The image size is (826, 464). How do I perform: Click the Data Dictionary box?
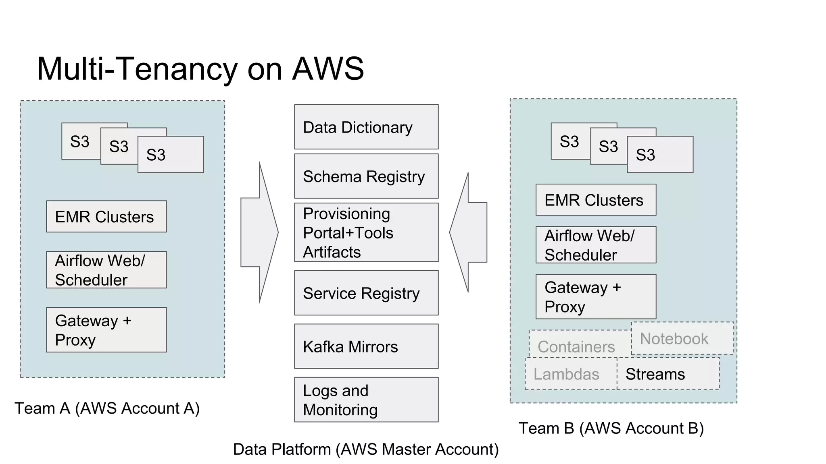point(366,127)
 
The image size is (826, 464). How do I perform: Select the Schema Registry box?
point(366,176)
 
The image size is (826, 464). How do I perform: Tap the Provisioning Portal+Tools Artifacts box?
point(366,232)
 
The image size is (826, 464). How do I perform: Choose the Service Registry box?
point(366,293)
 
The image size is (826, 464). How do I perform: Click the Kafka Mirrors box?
point(366,346)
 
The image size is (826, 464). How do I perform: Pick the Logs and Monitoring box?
point(366,400)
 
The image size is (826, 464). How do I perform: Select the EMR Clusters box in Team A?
point(106,217)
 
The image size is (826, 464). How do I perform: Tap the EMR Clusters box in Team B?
point(596,200)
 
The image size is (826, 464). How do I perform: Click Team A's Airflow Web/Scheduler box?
point(106,270)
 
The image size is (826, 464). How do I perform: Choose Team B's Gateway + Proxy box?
point(596,297)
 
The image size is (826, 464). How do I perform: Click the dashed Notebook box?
point(682,338)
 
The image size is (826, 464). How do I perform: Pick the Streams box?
point(668,374)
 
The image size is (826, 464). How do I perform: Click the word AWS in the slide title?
point(328,68)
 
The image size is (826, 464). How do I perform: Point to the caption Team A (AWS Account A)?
point(107,408)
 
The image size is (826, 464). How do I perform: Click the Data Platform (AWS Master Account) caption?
point(366,449)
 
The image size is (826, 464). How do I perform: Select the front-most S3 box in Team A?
point(171,155)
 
